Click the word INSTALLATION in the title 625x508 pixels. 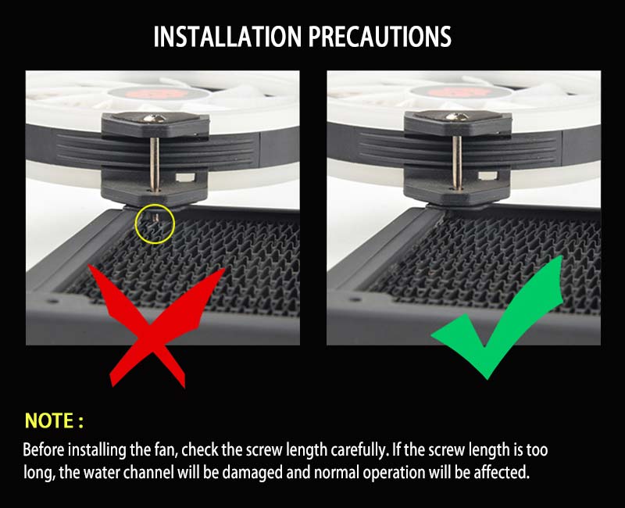(x=227, y=37)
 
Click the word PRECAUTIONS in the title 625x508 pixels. (x=380, y=37)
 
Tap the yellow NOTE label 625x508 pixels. (x=54, y=420)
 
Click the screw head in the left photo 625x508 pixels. (x=155, y=118)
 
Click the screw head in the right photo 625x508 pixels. (x=457, y=116)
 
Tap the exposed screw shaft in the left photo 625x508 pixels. (x=155, y=164)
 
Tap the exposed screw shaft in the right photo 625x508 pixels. (x=457, y=163)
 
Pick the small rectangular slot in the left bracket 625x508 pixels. (x=185, y=177)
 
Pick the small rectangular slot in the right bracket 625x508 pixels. (x=487, y=175)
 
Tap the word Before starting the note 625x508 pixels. (x=43, y=450)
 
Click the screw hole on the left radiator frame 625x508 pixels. (x=52, y=300)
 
